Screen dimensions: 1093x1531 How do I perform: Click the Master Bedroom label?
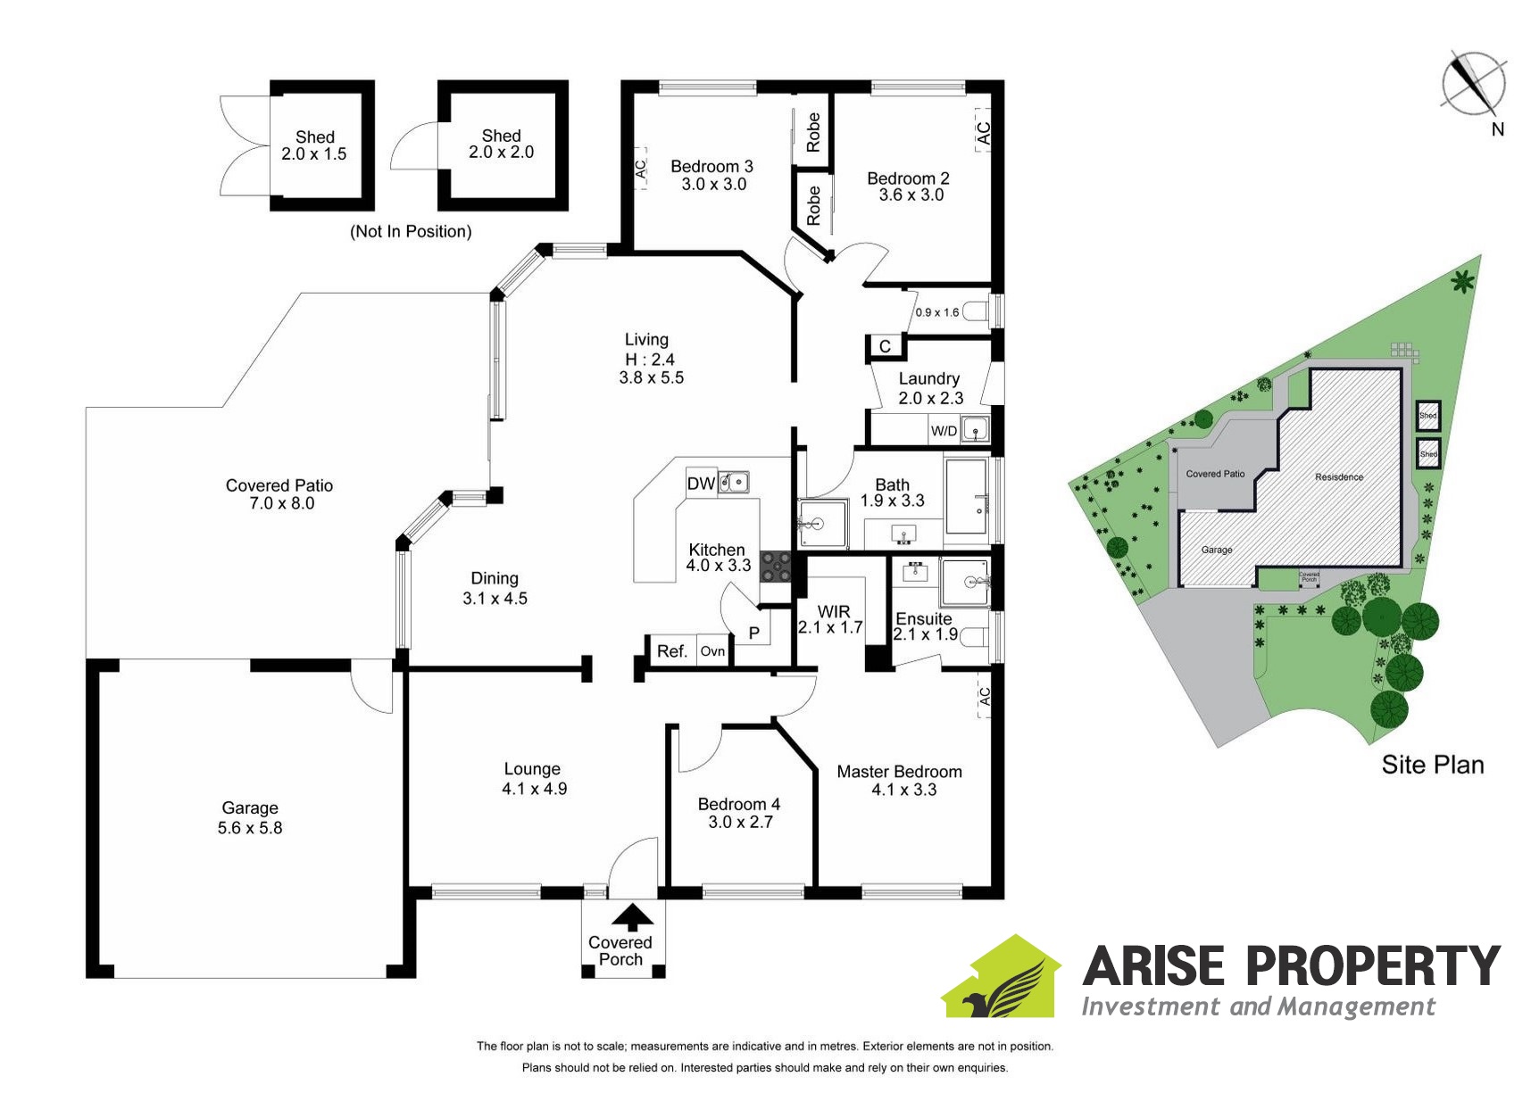(899, 772)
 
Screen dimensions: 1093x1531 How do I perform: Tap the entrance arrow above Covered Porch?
(633, 917)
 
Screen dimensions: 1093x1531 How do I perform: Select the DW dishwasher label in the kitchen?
(701, 484)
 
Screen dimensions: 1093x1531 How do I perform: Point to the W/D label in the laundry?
(944, 431)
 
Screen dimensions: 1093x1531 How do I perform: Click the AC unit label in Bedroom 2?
(982, 133)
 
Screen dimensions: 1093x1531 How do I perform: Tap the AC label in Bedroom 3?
(640, 169)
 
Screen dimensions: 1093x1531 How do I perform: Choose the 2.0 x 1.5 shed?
(314, 145)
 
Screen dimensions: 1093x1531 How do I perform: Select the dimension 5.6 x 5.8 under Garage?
(250, 828)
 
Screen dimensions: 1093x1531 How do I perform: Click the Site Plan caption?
(1432, 765)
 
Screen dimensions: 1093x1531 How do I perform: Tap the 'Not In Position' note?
(411, 232)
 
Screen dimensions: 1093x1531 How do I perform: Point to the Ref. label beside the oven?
(671, 651)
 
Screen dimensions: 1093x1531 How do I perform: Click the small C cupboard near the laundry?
(885, 346)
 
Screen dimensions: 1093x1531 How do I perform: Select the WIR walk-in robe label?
(834, 611)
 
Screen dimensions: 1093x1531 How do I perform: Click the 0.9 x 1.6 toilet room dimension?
(936, 312)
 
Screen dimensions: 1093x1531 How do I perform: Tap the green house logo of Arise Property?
(1001, 979)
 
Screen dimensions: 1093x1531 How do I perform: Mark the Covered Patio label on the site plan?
(1214, 474)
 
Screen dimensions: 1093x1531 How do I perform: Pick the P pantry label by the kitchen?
(754, 633)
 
